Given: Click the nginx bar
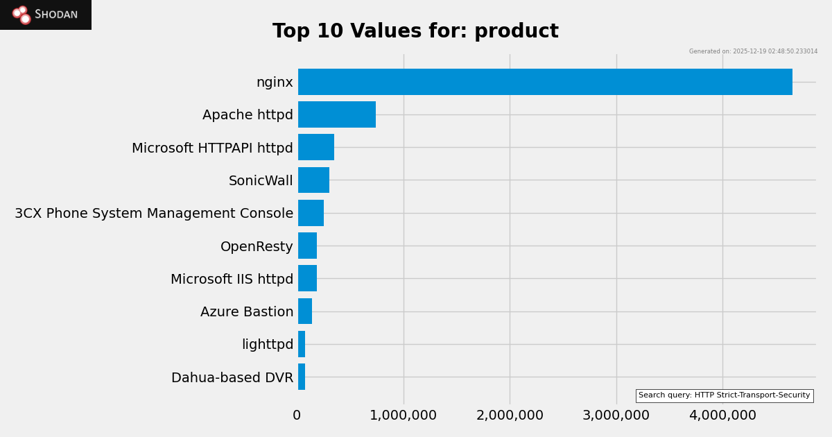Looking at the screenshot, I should pyautogui.click(x=545, y=82).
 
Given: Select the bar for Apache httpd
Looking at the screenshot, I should pyautogui.click(x=337, y=114).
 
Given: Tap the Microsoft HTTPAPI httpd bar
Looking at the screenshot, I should pyautogui.click(x=316, y=147).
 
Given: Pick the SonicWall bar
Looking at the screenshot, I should pyautogui.click(x=313, y=180).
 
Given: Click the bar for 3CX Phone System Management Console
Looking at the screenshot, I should pyautogui.click(x=311, y=213).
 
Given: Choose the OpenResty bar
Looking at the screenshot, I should pyautogui.click(x=307, y=246).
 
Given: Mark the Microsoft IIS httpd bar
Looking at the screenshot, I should pyautogui.click(x=307, y=278).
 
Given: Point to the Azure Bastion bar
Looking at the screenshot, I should pyautogui.click(x=305, y=311).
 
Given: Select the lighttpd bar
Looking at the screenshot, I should pyautogui.click(x=302, y=344).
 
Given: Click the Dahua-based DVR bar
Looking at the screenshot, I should pyautogui.click(x=302, y=377).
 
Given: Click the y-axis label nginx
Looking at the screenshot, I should pyautogui.click(x=275, y=83).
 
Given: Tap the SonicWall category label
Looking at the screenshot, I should pyautogui.click(x=261, y=181).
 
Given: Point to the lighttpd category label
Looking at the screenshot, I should pyautogui.click(x=268, y=345).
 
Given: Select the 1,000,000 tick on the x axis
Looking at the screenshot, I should pyautogui.click(x=404, y=415).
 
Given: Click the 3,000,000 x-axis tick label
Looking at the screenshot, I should pyautogui.click(x=616, y=415).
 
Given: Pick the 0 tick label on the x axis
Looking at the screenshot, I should pyautogui.click(x=297, y=415).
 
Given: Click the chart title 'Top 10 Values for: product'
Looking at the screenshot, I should pyautogui.click(x=415, y=31).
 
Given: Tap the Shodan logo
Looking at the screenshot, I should pyautogui.click(x=46, y=15).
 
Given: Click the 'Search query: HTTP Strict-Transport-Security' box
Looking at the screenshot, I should pyautogui.click(x=724, y=395).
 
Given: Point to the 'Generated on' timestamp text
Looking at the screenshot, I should pyautogui.click(x=753, y=51).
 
